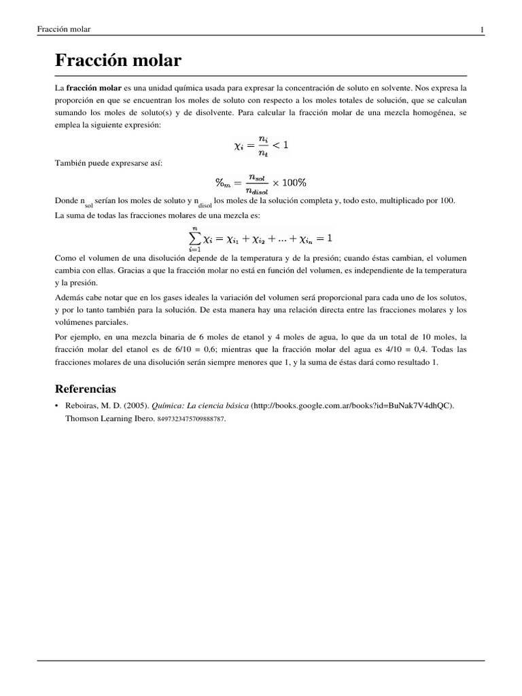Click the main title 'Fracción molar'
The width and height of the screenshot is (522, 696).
(118, 61)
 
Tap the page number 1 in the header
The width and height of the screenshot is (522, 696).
(481, 29)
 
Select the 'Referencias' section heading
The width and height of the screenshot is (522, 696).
(85, 389)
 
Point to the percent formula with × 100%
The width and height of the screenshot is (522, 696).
(261, 182)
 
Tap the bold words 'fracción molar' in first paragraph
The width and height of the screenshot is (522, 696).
(93, 88)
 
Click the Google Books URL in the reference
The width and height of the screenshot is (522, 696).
(353, 406)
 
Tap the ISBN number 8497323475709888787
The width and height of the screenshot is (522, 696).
(191, 419)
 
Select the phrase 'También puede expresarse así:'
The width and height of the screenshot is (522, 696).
(107, 164)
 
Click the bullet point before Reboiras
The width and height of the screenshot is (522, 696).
(56, 406)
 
